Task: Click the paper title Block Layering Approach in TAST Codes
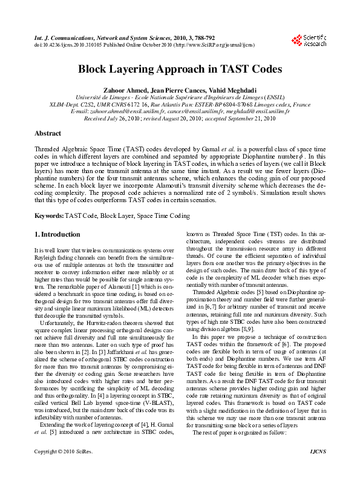click(180, 69)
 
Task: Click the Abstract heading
click(47, 133)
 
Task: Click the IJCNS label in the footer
click(317, 468)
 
